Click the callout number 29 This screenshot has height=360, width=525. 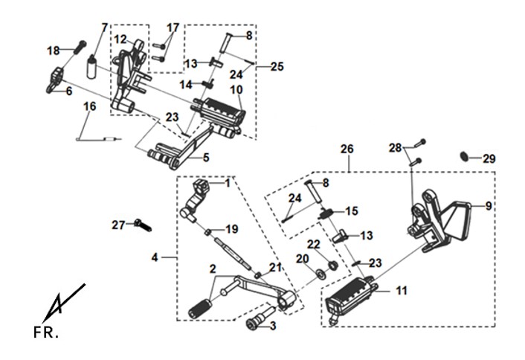[489, 158]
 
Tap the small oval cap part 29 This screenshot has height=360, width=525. [464, 155]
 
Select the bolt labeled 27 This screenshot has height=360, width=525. [143, 225]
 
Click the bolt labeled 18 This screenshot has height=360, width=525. [80, 47]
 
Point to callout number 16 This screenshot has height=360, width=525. [90, 106]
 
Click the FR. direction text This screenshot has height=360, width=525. [46, 333]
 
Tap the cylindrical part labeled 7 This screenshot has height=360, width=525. [91, 67]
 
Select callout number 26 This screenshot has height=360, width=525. [347, 149]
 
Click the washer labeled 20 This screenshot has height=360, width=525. [321, 273]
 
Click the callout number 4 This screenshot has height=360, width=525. [155, 257]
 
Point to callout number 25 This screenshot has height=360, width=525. [277, 66]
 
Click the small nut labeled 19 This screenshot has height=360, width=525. [208, 232]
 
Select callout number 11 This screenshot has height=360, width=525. [402, 291]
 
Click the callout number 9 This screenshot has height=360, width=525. [489, 206]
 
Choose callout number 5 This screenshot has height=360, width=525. [206, 157]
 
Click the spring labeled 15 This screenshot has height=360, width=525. [326, 213]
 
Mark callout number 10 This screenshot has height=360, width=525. [236, 90]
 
